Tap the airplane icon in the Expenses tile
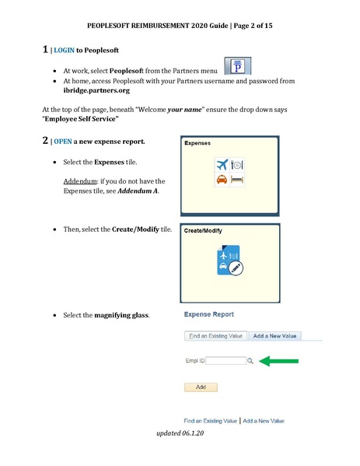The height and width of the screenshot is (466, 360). point(222,166)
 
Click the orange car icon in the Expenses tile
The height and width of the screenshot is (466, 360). point(222,180)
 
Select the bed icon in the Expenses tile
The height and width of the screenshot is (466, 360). point(237,180)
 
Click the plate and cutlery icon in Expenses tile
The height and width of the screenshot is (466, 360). point(238,166)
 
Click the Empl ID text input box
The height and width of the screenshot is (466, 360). point(225,361)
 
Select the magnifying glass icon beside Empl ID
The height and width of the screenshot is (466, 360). point(250,361)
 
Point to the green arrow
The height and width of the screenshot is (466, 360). point(279,360)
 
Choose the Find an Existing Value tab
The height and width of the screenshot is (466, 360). point(215,336)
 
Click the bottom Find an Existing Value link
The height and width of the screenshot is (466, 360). point(210,420)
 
